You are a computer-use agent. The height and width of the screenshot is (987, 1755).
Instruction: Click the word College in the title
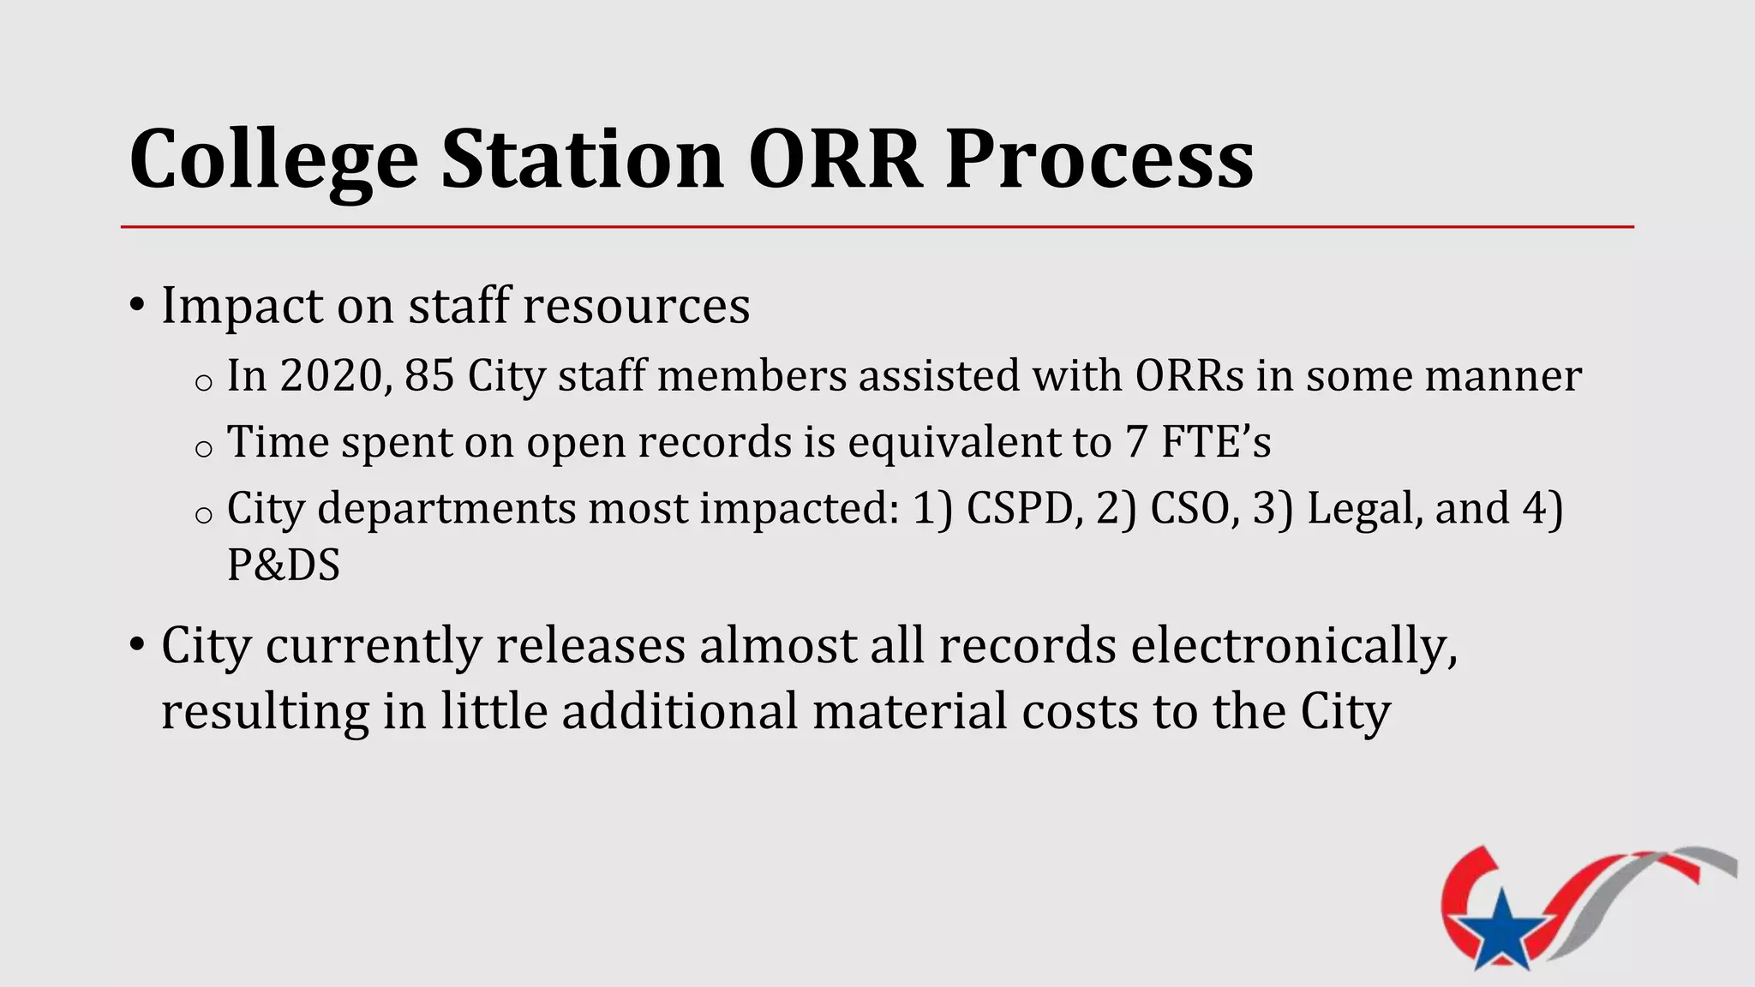point(273,160)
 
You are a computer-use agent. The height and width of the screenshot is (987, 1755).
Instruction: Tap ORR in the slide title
point(835,159)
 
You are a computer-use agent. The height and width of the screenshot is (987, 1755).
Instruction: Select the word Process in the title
point(1099,159)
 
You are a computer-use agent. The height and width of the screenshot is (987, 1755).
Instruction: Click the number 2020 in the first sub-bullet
point(331,376)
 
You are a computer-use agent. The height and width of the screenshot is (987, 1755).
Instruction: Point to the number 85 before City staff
point(428,376)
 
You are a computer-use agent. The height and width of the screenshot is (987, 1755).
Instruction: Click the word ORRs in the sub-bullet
point(1189,376)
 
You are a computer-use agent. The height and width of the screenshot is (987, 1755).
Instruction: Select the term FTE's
point(1215,442)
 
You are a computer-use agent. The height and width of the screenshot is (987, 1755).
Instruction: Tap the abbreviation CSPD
point(1018,508)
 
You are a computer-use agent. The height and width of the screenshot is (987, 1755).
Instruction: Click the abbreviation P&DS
point(284,565)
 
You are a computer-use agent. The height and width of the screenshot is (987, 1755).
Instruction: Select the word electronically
point(1293,646)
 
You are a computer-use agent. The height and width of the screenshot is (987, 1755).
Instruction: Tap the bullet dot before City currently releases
point(136,644)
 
